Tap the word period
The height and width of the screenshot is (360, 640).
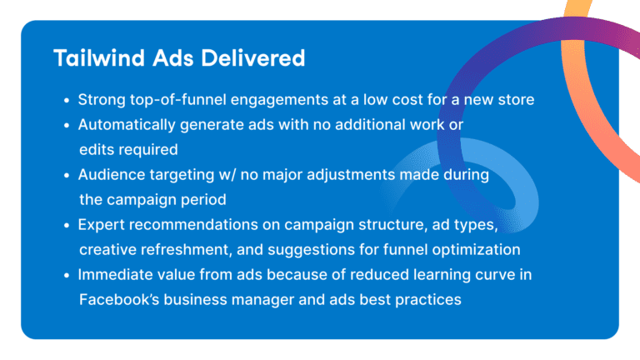tap(202, 200)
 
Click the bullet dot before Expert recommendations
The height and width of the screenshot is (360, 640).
tap(67, 226)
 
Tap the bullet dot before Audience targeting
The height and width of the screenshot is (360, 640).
tap(67, 176)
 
